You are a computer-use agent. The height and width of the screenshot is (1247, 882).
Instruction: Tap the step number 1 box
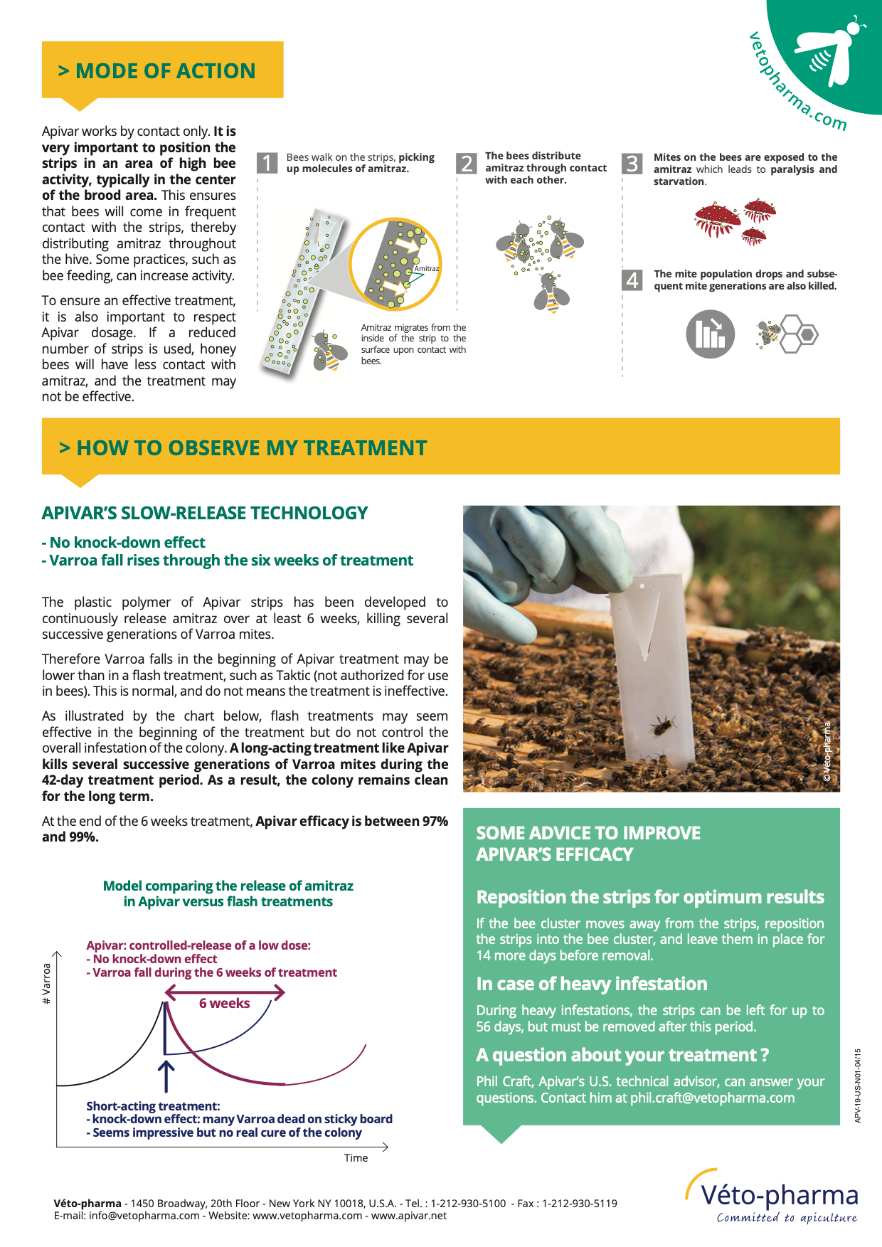tap(267, 163)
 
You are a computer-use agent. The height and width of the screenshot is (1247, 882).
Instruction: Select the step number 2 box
tap(466, 163)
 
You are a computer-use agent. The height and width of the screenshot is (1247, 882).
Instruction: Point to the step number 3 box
tap(632, 163)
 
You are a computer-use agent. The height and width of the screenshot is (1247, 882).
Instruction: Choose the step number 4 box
tap(632, 280)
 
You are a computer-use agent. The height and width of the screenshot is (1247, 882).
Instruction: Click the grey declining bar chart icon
tap(710, 334)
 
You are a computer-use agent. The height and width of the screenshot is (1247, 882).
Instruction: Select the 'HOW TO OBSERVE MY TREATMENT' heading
tap(243, 448)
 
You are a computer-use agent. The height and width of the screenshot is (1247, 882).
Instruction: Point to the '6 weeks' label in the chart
tap(224, 1003)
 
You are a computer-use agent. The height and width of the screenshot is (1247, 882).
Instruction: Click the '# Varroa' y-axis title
tap(47, 983)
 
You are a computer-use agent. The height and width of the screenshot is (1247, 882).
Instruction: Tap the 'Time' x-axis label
tap(356, 1158)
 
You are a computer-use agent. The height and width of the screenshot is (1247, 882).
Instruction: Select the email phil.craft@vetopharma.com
tap(712, 1098)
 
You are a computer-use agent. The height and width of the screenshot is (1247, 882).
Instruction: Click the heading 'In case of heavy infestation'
tap(592, 984)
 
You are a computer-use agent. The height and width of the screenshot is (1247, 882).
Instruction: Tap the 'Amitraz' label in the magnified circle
tap(426, 268)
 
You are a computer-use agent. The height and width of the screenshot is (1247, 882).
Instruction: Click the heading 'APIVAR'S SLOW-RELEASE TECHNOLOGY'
tap(205, 513)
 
